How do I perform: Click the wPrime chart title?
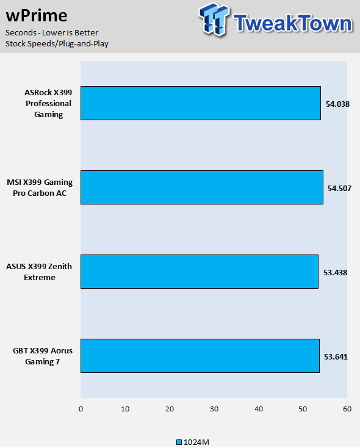[37, 15]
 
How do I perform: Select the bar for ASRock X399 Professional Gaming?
[201, 103]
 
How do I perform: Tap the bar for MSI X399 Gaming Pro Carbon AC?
[202, 187]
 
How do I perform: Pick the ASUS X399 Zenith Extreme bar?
[200, 272]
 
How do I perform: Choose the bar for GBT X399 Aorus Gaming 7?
[200, 356]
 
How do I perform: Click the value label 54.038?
[337, 104]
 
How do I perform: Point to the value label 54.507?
[339, 188]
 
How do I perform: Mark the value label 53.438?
[335, 273]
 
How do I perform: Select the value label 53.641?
[336, 357]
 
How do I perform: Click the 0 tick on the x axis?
[81, 409]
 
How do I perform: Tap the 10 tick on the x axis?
[125, 409]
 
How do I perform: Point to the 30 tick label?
[214, 409]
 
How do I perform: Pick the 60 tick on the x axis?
[347, 409]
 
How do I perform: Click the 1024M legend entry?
[193, 443]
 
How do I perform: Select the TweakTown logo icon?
[214, 19]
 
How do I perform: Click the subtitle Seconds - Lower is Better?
[52, 33]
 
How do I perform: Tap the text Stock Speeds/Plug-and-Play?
[57, 44]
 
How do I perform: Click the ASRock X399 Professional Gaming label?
[48, 103]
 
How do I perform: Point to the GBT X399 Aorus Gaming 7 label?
[43, 356]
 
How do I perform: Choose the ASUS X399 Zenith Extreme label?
[39, 272]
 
